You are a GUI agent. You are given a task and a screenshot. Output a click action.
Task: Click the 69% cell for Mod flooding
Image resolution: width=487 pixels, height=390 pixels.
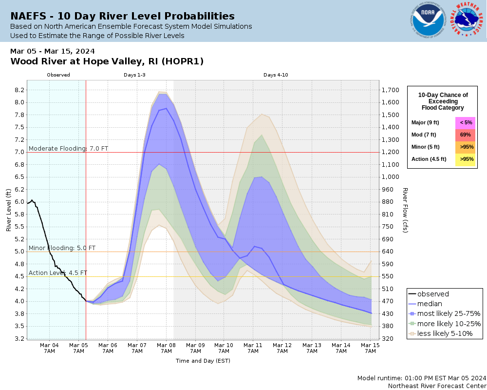coord(465,135)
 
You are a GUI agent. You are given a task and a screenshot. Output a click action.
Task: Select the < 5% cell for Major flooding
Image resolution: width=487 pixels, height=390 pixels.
coord(465,122)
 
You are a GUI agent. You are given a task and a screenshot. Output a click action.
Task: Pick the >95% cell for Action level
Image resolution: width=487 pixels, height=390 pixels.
coord(465,159)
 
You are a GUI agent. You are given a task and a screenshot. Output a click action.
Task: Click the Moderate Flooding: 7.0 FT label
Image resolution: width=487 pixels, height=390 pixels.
coord(68,148)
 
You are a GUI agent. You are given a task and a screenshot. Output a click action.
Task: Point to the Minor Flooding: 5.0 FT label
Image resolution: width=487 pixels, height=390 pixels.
coord(62,248)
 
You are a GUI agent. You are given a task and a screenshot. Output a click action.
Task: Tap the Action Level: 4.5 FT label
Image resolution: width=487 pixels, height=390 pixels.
coord(58,273)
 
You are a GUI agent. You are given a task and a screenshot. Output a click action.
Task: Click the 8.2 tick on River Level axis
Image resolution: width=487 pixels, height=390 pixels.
coord(19,90)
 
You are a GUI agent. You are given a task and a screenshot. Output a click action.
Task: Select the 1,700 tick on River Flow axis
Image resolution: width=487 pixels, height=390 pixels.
coord(392,90)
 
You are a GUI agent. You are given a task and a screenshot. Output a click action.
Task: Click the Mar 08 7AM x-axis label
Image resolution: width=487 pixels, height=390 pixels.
coord(166,348)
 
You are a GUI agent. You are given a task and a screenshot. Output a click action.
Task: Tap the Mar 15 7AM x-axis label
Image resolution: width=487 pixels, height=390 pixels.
coord(371,348)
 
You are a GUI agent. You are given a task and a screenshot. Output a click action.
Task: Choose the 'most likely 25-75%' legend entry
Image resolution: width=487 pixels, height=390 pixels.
coord(449,313)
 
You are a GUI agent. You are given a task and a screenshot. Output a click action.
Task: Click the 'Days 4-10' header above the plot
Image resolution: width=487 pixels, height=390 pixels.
coord(276,75)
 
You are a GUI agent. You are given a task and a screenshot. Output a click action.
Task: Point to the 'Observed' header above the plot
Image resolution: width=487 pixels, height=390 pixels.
coord(58,75)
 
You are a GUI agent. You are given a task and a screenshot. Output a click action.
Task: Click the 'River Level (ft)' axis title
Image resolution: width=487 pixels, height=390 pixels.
coord(9,210)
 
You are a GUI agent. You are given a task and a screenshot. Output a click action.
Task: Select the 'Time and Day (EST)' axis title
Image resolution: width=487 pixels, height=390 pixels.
coord(203,361)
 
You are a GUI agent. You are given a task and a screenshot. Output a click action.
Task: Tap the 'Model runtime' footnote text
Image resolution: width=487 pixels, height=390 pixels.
coord(422,378)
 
